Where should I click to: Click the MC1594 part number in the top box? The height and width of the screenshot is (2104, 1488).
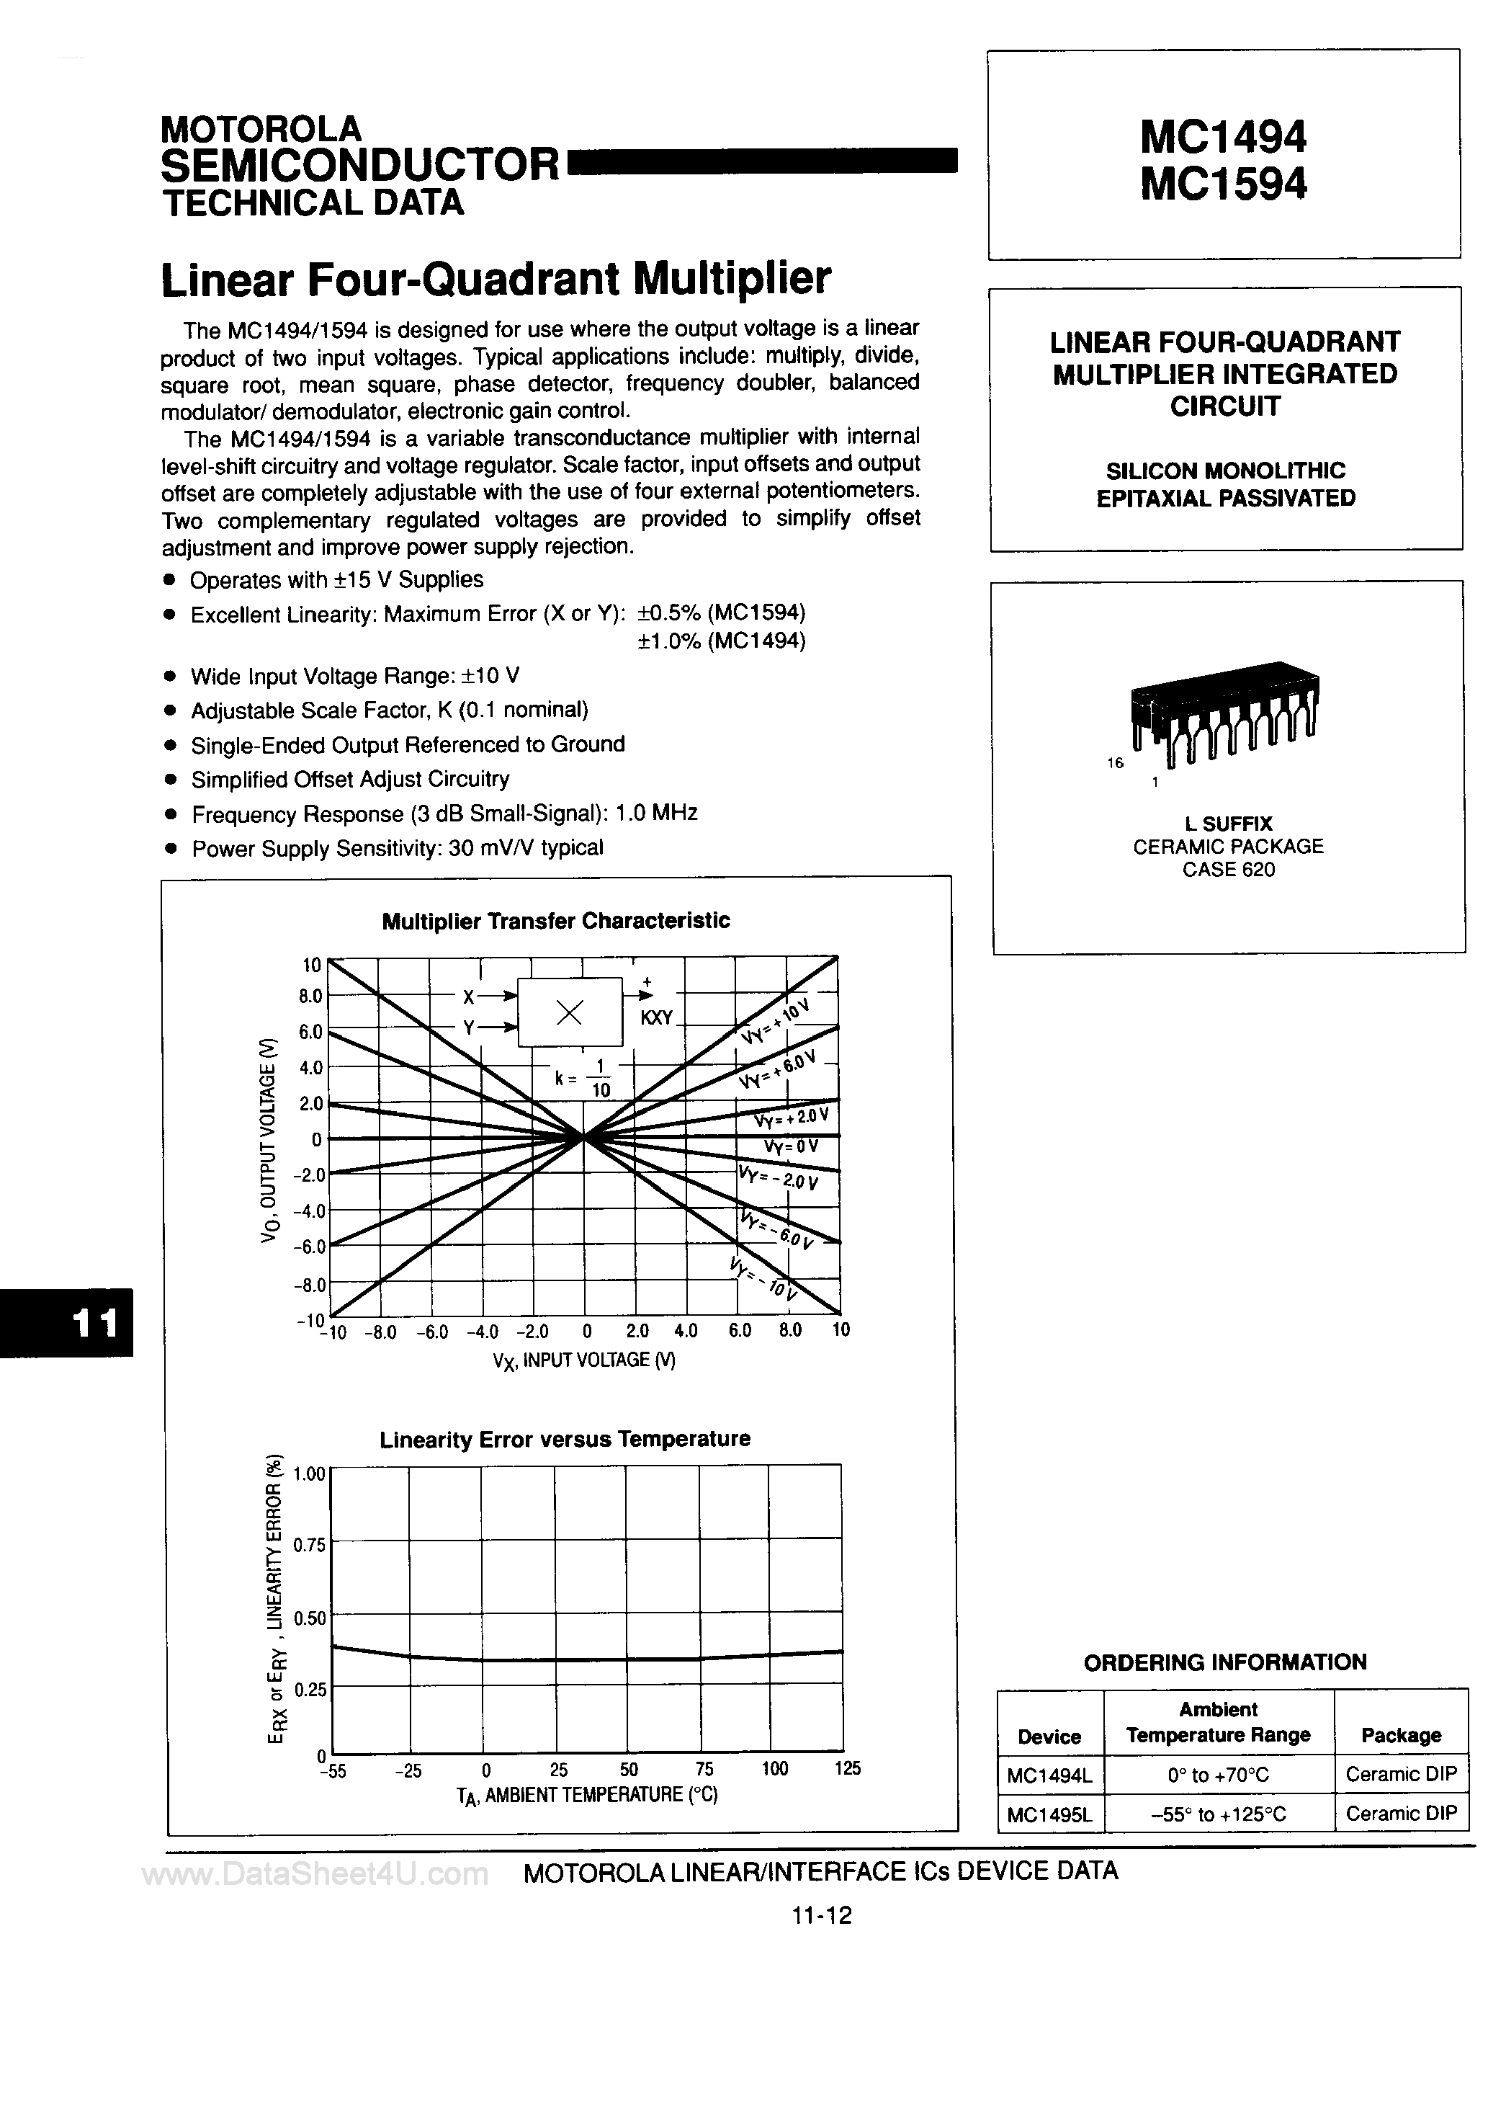[1223, 184]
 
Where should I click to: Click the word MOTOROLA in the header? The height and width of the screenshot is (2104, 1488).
[261, 128]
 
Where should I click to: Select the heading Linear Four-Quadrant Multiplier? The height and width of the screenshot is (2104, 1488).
[496, 279]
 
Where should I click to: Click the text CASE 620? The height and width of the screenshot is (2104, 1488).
[1228, 870]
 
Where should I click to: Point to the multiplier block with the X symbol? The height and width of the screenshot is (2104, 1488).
[570, 1012]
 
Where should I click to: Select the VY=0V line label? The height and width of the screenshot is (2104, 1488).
[791, 1146]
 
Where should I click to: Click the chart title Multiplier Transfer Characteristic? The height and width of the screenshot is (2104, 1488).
[555, 921]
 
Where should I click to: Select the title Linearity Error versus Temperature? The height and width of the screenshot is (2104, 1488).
[565, 1439]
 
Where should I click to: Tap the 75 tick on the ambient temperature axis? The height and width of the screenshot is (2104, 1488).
[704, 1769]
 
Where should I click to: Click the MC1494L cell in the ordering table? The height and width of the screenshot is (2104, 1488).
[1049, 1775]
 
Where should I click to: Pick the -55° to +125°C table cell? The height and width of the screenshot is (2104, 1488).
[1218, 1814]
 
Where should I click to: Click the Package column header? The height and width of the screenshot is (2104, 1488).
[1400, 1736]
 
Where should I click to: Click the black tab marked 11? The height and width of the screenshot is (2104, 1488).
[94, 1322]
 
